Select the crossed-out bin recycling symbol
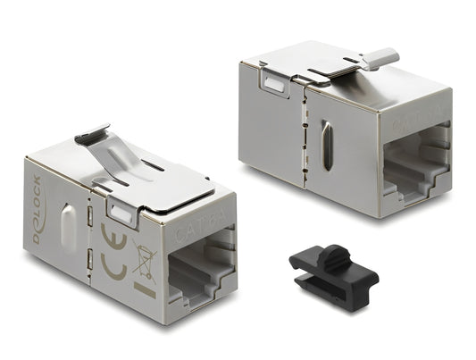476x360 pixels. [x=142, y=261]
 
